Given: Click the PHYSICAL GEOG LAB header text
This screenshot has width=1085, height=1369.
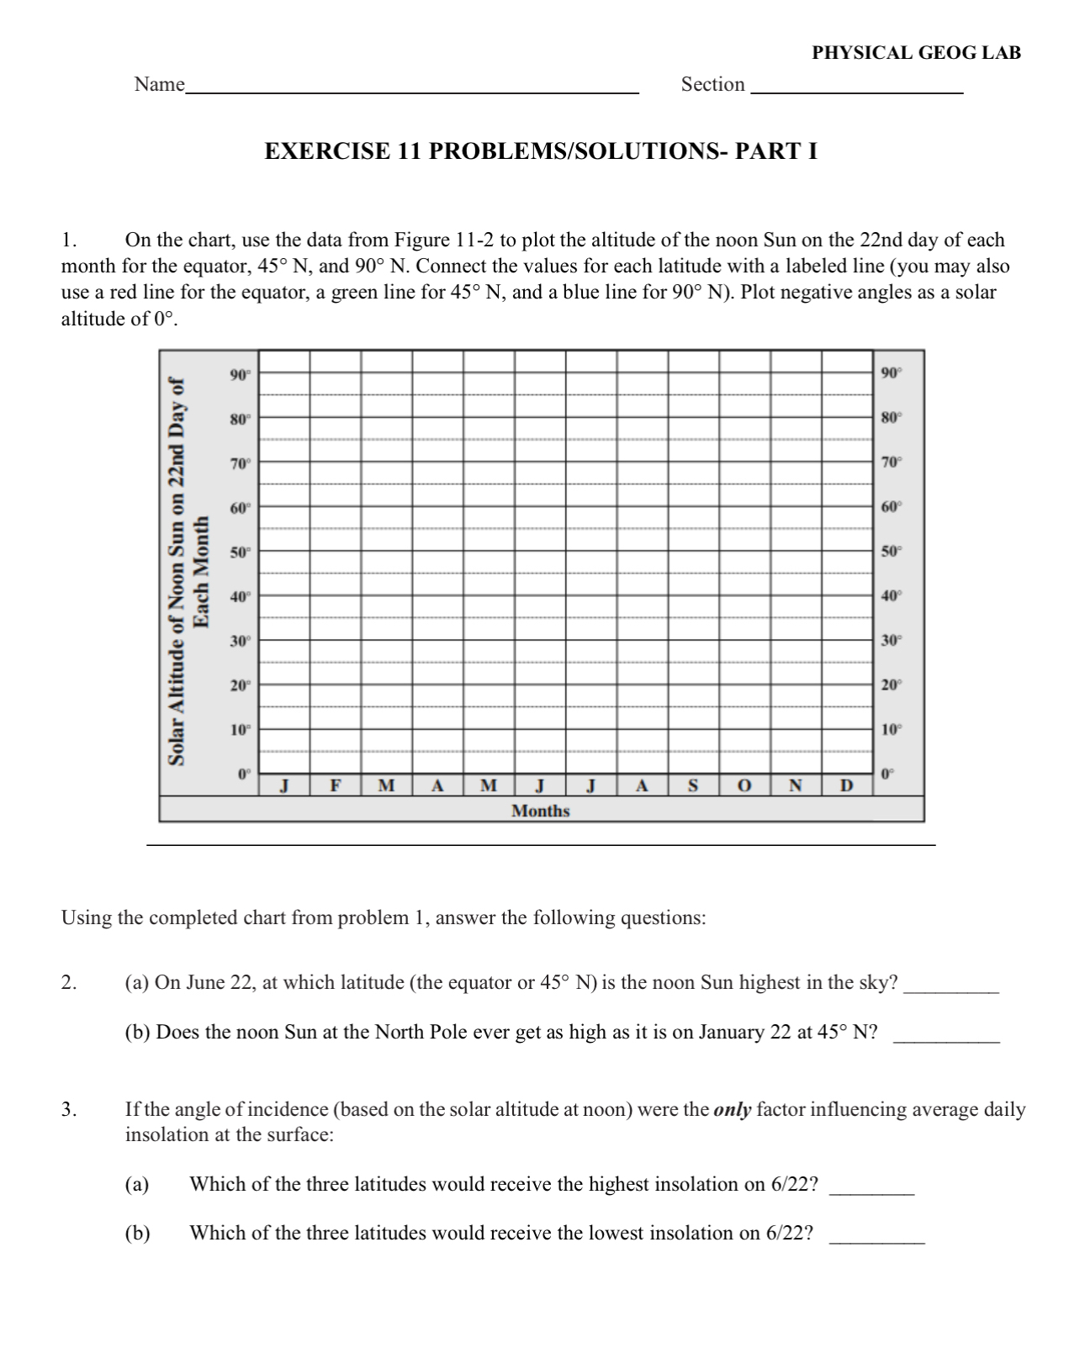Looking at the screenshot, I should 916,53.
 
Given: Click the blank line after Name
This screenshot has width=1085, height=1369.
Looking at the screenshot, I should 411,88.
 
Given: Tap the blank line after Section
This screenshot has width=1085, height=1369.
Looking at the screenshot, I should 856,88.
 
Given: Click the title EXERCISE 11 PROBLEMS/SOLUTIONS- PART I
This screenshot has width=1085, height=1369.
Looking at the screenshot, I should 541,151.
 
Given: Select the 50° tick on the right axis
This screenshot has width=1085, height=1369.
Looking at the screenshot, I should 891,552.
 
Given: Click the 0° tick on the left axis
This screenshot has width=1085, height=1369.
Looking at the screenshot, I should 244,773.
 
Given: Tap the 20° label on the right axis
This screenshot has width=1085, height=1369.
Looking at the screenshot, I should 891,684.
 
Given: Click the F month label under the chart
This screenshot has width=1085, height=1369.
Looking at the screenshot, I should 336,786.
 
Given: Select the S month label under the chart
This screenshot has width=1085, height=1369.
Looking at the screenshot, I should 693,786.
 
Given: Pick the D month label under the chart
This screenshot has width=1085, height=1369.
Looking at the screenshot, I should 847,786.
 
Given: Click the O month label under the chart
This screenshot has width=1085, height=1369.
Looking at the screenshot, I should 744,786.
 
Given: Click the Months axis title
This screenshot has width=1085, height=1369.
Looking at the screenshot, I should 540,811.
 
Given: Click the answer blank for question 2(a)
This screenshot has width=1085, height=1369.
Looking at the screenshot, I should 951,991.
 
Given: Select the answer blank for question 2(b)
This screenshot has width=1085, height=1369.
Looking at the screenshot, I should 946,1040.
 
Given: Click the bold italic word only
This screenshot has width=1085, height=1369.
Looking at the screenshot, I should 732,1109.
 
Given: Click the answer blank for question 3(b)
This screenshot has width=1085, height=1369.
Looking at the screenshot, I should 876,1241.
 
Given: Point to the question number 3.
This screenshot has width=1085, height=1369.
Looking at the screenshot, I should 68,1109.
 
